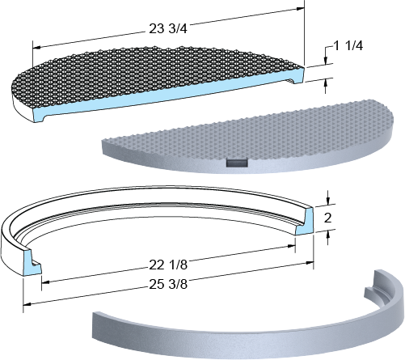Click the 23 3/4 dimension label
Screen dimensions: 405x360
click(x=168, y=28)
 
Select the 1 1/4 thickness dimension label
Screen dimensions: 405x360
click(x=348, y=46)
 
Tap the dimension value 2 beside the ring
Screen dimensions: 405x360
click(x=327, y=218)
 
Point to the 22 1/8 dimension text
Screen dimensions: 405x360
click(x=168, y=265)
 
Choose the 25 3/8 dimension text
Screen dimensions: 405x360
click(x=168, y=284)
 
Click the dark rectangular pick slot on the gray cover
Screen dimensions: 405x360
click(x=237, y=163)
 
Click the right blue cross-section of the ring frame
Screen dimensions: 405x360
click(x=305, y=221)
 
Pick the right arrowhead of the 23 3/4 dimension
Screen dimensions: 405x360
click(x=301, y=9)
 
